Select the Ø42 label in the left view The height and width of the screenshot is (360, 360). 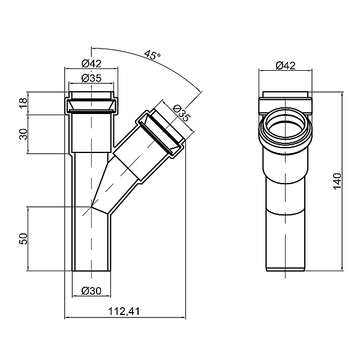tap(91, 64)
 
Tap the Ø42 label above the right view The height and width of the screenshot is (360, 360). tap(286, 66)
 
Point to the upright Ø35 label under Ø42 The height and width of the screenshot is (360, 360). tap(91, 78)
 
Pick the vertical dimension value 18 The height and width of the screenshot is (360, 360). tap(23, 103)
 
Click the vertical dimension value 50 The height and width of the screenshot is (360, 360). tap(23, 239)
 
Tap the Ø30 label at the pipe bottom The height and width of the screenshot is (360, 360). tap(91, 292)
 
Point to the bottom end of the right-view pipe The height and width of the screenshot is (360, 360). tap(286, 269)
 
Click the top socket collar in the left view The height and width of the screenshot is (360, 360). tap(91, 104)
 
